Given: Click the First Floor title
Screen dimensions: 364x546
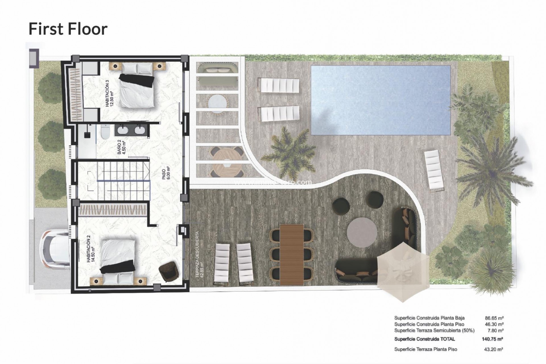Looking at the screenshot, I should [68, 29].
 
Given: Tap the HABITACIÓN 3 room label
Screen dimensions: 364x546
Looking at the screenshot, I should [109, 93].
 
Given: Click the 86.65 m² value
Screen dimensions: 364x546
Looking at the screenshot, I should [494, 318].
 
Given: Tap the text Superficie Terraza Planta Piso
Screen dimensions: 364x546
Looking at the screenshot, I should [425, 349].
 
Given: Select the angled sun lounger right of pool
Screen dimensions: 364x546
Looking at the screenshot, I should [434, 169].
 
